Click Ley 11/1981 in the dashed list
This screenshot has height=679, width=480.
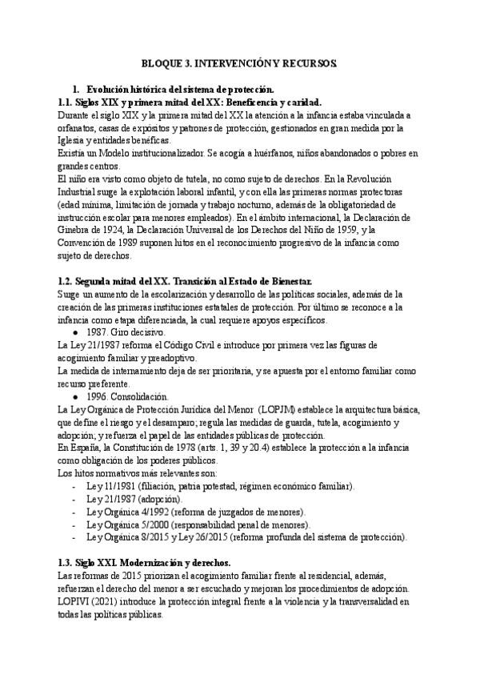click(111, 488)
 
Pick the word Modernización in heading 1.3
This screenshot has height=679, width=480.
click(152, 564)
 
